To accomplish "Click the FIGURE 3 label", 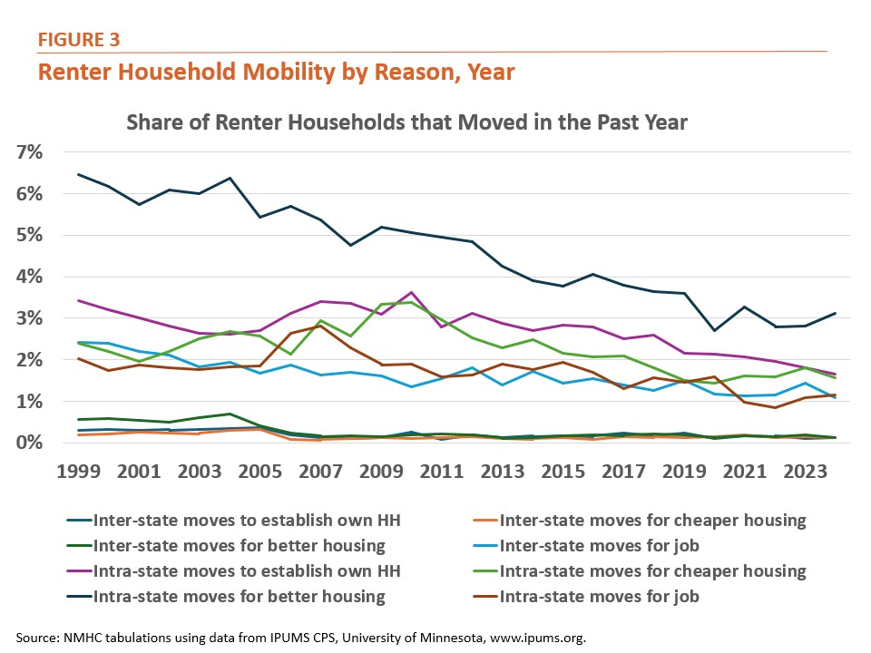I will [x=79, y=39].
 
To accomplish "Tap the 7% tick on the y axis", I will [x=29, y=152].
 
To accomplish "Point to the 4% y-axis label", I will [x=29, y=277].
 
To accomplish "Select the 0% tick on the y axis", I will [x=29, y=443].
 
